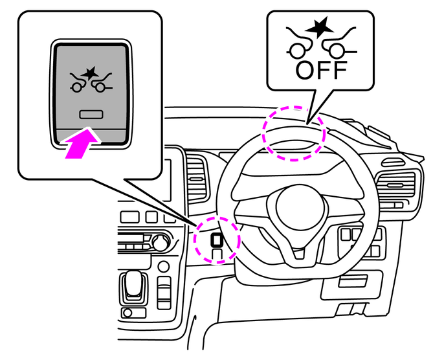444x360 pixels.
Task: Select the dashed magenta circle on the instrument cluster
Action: pos(293,132)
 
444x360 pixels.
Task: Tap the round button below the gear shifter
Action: pos(164,267)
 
